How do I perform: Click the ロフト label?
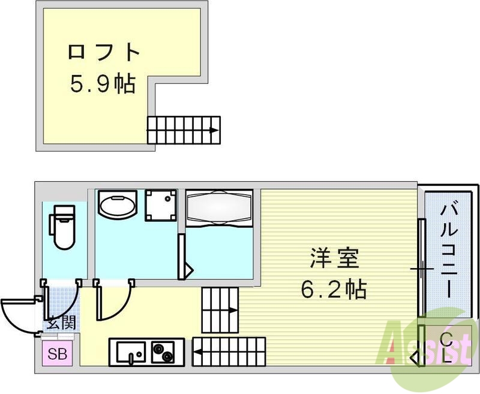click(103, 53)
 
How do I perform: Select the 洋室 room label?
click(334, 259)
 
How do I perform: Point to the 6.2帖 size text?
click(334, 290)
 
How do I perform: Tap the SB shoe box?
click(58, 353)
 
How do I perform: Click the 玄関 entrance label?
click(61, 324)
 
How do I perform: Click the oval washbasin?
click(118, 207)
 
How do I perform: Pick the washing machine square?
click(162, 206)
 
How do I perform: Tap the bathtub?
click(219, 210)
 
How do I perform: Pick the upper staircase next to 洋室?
click(220, 309)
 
